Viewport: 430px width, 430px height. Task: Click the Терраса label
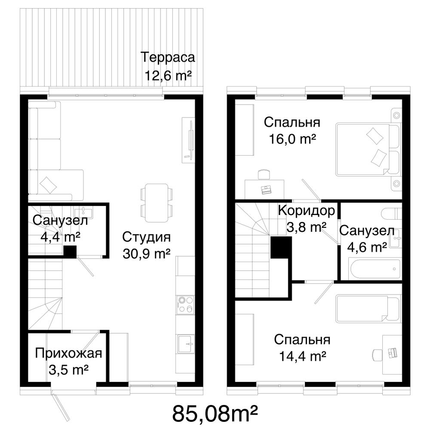(168, 58)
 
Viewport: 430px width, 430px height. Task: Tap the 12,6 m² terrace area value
(168, 75)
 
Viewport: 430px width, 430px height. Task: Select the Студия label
(146, 237)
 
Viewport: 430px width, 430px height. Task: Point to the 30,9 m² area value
(147, 254)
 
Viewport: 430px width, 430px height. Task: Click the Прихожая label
(68, 353)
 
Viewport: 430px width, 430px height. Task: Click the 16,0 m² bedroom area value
(292, 139)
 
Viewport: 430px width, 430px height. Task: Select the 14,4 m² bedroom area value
(302, 356)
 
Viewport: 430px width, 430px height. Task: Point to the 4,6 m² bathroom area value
(367, 248)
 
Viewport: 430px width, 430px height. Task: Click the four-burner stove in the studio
(185, 304)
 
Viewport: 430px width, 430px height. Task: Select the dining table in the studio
(157, 203)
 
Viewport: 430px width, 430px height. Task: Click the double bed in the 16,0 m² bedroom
(368, 150)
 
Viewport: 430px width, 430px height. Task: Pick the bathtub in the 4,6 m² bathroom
(375, 268)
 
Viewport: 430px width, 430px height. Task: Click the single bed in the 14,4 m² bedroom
(368, 308)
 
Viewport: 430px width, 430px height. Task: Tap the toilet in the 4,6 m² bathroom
(391, 213)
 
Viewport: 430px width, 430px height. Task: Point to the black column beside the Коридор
(281, 248)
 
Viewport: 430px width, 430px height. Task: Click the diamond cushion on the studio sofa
(48, 184)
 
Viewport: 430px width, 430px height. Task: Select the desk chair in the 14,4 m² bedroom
(377, 355)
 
